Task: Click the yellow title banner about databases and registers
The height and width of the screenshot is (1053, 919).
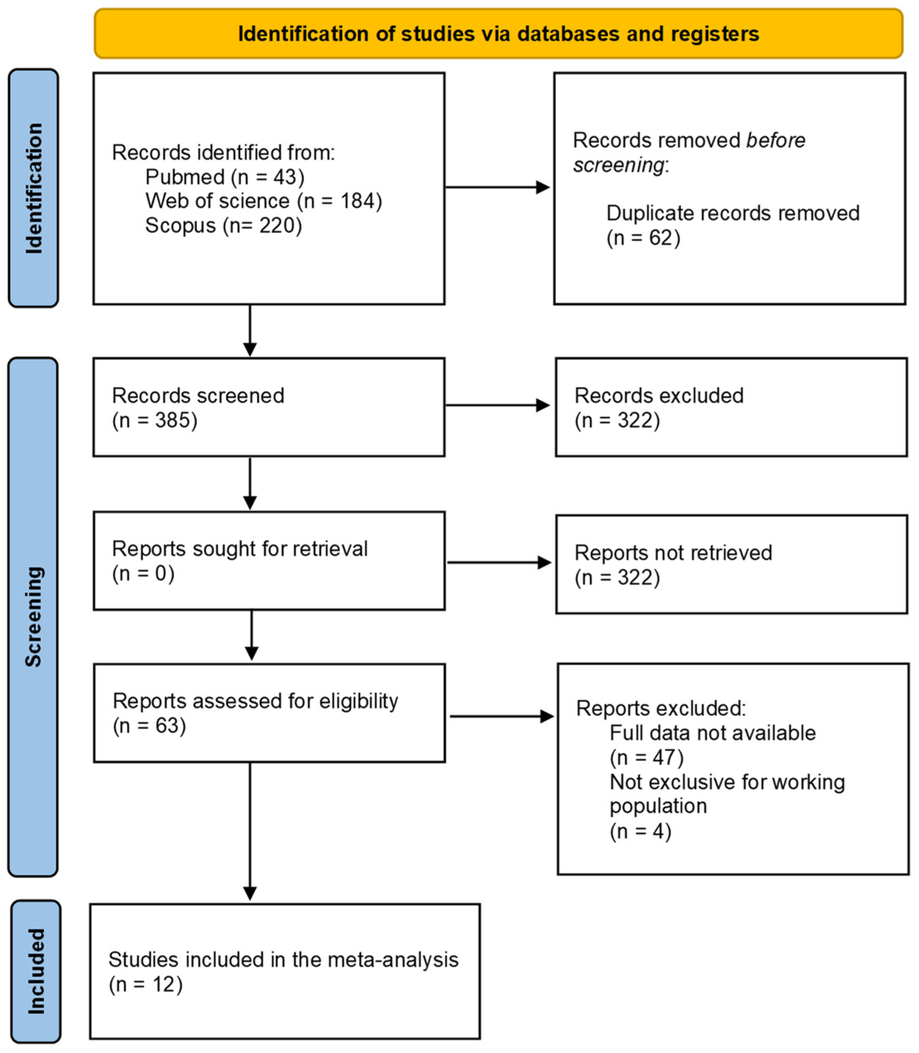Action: (x=498, y=34)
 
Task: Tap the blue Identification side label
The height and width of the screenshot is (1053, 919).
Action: (x=34, y=189)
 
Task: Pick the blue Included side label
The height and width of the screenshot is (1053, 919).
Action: (x=36, y=971)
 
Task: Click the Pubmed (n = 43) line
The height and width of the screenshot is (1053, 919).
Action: (x=225, y=177)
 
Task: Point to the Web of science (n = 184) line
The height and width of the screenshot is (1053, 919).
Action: (x=264, y=201)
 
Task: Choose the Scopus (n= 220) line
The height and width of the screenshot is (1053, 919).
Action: (x=224, y=225)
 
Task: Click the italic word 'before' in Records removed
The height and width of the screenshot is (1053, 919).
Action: (x=776, y=140)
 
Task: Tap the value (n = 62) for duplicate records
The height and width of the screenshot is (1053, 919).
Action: (x=643, y=238)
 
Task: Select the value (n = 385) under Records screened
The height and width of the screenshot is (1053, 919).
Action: (x=154, y=420)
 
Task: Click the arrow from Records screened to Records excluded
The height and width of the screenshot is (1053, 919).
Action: (x=497, y=405)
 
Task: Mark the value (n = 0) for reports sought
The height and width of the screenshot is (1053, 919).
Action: (x=143, y=573)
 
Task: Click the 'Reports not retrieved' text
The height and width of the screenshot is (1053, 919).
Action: (x=673, y=552)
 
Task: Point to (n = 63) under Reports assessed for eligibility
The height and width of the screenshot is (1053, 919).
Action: (x=149, y=725)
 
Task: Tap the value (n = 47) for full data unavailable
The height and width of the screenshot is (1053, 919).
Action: (x=646, y=757)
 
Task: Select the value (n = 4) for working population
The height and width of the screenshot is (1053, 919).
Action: (x=640, y=831)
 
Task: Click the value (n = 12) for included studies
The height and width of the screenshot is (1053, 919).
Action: (x=145, y=985)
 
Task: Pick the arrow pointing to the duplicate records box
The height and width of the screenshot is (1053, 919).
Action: (x=497, y=187)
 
